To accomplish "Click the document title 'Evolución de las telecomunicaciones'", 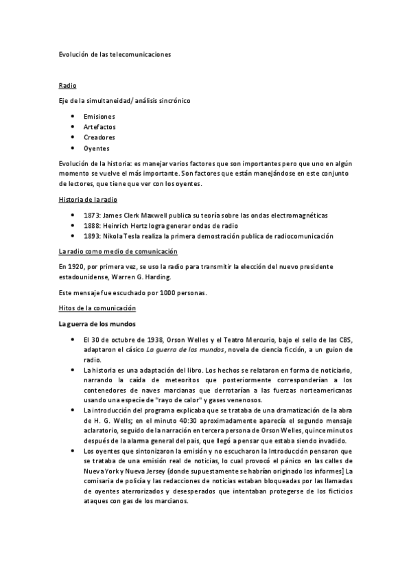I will point(114,53).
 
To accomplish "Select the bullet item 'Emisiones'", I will point(99,117).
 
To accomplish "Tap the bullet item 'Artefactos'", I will point(99,127).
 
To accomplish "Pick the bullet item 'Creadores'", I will point(99,137).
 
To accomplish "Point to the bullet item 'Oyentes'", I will point(97,148).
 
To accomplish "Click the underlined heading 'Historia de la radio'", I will point(88,200).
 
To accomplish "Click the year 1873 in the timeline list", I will point(92,216).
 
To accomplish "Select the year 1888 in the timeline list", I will point(92,226).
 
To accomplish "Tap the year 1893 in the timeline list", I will point(92,236).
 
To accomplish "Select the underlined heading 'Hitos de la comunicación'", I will point(97,309).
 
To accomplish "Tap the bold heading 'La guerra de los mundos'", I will point(96,324).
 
